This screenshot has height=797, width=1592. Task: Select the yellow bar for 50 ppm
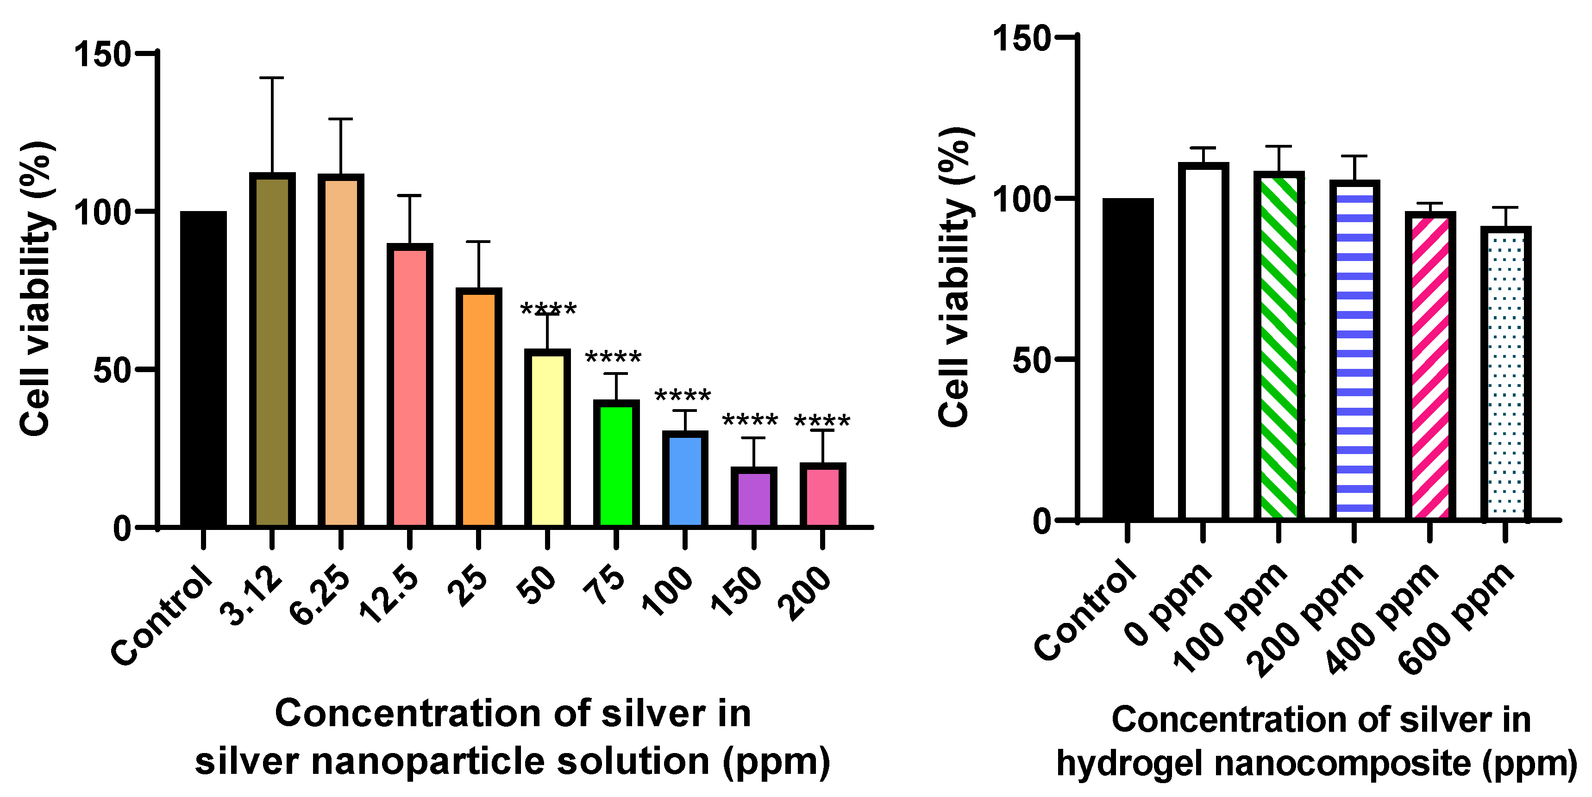(x=547, y=439)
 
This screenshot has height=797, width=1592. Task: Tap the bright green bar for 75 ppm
(x=616, y=463)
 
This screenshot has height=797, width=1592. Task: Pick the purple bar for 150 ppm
(x=753, y=498)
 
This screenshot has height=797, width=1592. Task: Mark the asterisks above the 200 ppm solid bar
(x=821, y=422)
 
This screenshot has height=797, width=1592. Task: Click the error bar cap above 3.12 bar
(x=271, y=78)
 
